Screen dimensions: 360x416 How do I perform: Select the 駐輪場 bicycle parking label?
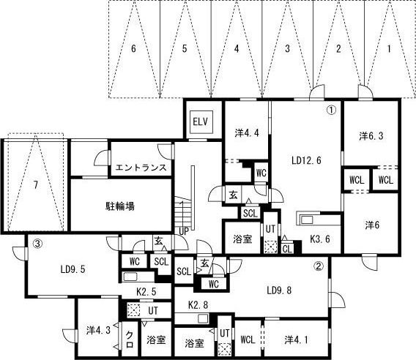[x=119, y=206]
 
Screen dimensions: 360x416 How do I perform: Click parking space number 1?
[x=390, y=49]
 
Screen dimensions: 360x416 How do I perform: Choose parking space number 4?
[x=237, y=49]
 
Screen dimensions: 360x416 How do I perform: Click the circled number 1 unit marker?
[x=330, y=110]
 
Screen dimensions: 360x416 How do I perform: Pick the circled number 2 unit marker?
[x=318, y=266]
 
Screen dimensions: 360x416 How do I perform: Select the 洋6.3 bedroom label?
[x=371, y=135]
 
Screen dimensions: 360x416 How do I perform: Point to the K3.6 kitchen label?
[x=321, y=238]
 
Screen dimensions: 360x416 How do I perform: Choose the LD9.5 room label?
[x=73, y=269]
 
